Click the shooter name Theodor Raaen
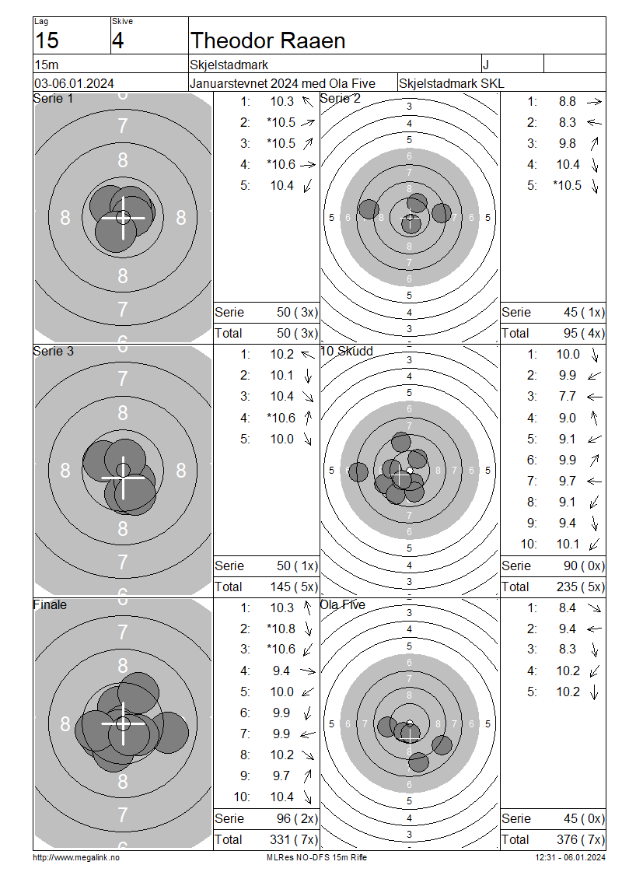(268, 41)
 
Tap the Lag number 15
(47, 41)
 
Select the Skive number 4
(117, 41)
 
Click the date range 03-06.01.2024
(74, 83)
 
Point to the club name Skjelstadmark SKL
(451, 83)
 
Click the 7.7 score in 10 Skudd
(567, 397)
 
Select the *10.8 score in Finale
(281, 629)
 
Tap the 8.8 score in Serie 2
(567, 101)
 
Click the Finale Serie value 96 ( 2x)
(297, 818)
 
